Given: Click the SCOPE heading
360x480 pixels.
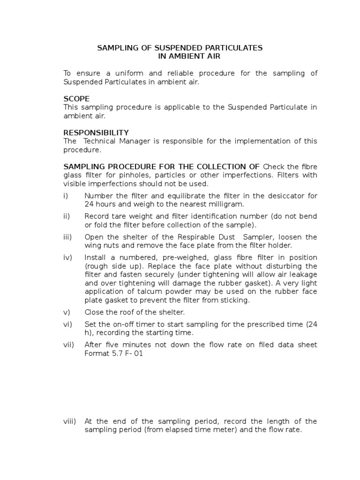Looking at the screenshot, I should pyautogui.click(x=76, y=99).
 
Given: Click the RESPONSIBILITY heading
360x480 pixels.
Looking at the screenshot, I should pyautogui.click(x=96, y=133).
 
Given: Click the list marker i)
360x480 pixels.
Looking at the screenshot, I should pyautogui.click(x=66, y=196).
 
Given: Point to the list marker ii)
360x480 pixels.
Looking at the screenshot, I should pyautogui.click(x=67, y=217).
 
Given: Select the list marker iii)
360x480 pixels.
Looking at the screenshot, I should pyautogui.click(x=68, y=237).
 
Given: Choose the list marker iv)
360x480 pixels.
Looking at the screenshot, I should pyautogui.click(x=68, y=258).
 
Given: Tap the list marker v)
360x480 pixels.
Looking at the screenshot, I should pyautogui.click(x=67, y=312).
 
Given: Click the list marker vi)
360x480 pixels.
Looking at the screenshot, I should pyautogui.click(x=67, y=324).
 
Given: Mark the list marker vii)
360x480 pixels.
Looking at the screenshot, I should pyautogui.click(x=68, y=345).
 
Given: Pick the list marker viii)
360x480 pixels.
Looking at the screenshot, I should pyautogui.click(x=69, y=421).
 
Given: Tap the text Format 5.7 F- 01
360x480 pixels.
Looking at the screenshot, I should pyautogui.click(x=113, y=353).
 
